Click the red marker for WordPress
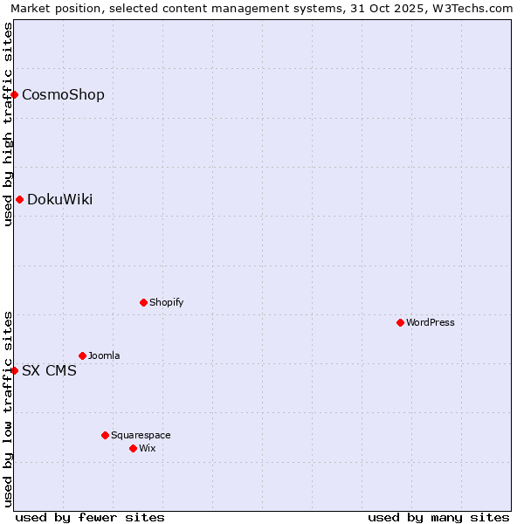tap(400, 322)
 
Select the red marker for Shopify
tap(143, 302)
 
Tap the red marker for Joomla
tap(82, 355)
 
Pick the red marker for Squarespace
tap(105, 435)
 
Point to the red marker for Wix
tap(133, 448)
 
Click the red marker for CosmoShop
tap(15, 94)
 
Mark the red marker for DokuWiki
tap(19, 199)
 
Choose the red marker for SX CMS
tap(15, 370)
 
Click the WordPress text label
tap(431, 322)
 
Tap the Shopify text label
tap(166, 302)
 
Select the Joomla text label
tap(104, 355)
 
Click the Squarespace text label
tap(141, 435)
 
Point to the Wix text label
tap(147, 448)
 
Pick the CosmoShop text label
tap(63, 94)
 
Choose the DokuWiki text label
tap(59, 199)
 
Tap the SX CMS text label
tap(49, 370)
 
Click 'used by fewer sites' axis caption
tap(90, 517)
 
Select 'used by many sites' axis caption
tap(438, 517)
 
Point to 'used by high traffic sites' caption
tap(8, 124)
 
